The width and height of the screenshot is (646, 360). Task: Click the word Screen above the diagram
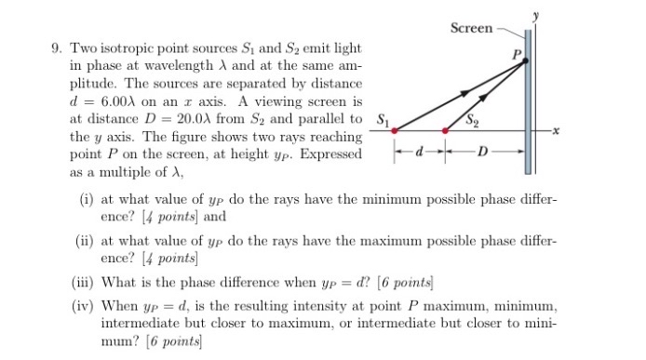point(472,28)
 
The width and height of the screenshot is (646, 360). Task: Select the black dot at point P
point(525,61)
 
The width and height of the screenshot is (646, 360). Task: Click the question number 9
point(56,47)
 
